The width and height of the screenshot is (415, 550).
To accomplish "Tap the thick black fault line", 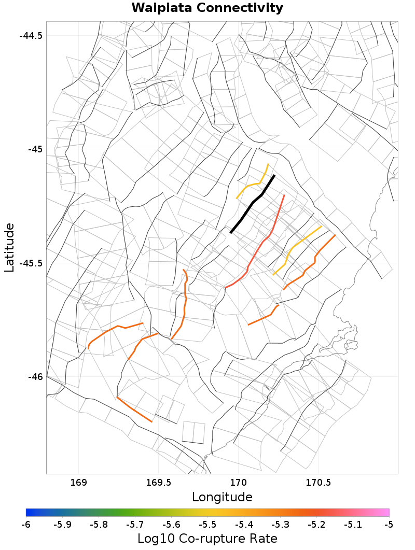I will [x=253, y=204].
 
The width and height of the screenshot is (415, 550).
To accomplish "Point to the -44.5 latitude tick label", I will [x=31, y=36].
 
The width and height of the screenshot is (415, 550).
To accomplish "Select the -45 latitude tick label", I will [x=35, y=149].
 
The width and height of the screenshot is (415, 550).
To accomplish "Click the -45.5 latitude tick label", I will [x=31, y=263].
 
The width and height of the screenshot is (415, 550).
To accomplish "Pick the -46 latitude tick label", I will [x=35, y=376].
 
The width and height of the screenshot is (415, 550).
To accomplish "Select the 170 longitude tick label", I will [x=238, y=483].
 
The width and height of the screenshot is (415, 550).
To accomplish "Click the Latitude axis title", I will [x=9, y=247].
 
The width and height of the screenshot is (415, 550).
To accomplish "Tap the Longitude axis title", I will [x=222, y=497].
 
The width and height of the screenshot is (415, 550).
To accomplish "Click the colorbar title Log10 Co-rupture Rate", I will [x=208, y=538].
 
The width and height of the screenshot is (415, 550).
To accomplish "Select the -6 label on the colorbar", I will [x=26, y=525].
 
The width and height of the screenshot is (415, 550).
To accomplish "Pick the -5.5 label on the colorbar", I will [x=208, y=525].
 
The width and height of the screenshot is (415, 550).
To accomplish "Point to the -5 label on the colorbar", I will [x=389, y=525].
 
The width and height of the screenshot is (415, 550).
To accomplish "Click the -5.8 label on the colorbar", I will [x=99, y=525].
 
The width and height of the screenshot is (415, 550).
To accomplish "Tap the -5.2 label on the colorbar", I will [x=316, y=525].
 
